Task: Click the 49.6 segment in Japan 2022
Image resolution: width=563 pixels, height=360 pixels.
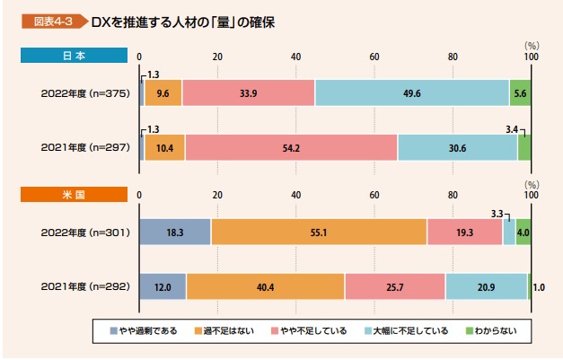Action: click(x=412, y=92)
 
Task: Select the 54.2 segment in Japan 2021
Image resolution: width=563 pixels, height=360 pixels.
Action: click(x=291, y=147)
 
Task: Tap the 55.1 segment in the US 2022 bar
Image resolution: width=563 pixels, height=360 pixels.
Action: click(x=319, y=232)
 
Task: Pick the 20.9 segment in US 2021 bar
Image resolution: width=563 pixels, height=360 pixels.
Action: click(x=486, y=286)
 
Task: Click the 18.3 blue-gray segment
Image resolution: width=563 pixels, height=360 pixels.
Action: click(x=175, y=232)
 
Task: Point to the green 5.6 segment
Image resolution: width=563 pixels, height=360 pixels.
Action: click(x=520, y=92)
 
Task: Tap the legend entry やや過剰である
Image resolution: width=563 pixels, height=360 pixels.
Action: click(x=147, y=331)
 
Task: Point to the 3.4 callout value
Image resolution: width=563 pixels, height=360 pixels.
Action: click(x=512, y=129)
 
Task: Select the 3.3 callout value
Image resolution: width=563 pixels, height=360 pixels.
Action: click(x=497, y=213)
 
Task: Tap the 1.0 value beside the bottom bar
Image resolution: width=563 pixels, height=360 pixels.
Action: click(x=539, y=287)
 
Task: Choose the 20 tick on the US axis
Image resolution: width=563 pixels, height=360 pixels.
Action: click(x=217, y=195)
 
